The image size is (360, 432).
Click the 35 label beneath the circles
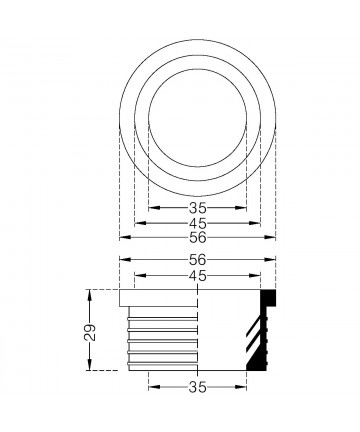click(198, 208)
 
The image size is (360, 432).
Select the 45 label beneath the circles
click(198, 223)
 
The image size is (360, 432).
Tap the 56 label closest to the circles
click(198, 238)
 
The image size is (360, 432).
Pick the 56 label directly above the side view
click(198, 260)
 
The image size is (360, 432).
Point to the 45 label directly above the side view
click(198, 276)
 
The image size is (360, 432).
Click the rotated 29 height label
click(90, 332)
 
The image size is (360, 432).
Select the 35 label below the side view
click(198, 387)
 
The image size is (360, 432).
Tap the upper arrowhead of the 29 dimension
click(89, 296)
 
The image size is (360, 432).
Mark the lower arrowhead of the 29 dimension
click(89, 364)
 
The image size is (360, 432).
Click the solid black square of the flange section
click(268, 298)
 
